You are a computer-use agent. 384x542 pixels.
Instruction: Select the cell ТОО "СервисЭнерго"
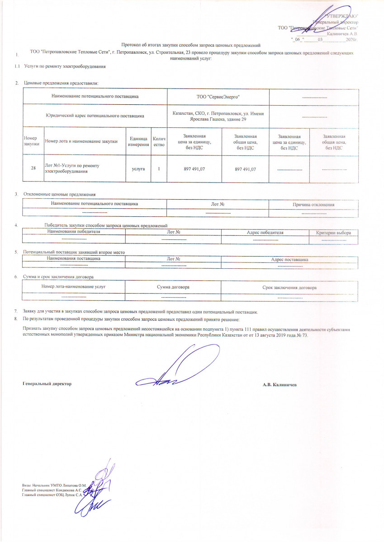(218, 97)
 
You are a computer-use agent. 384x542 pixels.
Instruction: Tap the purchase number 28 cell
(33, 168)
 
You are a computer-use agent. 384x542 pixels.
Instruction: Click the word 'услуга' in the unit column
(138, 168)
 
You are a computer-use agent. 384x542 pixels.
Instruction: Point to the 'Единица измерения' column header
(138, 141)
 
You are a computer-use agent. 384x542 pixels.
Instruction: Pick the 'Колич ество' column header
(159, 141)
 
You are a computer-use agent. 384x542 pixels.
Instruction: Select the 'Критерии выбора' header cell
(333, 232)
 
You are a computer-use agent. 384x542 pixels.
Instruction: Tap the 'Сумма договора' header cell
(173, 287)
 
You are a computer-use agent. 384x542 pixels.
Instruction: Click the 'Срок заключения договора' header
(289, 287)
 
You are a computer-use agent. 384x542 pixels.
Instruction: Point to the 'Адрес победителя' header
(265, 232)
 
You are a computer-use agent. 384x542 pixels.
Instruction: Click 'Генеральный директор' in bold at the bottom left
(47, 383)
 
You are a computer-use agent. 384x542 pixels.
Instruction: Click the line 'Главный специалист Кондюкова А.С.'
(52, 490)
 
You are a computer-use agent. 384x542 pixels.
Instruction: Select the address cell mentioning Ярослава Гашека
(218, 116)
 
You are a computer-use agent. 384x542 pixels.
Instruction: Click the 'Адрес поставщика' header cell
(289, 260)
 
